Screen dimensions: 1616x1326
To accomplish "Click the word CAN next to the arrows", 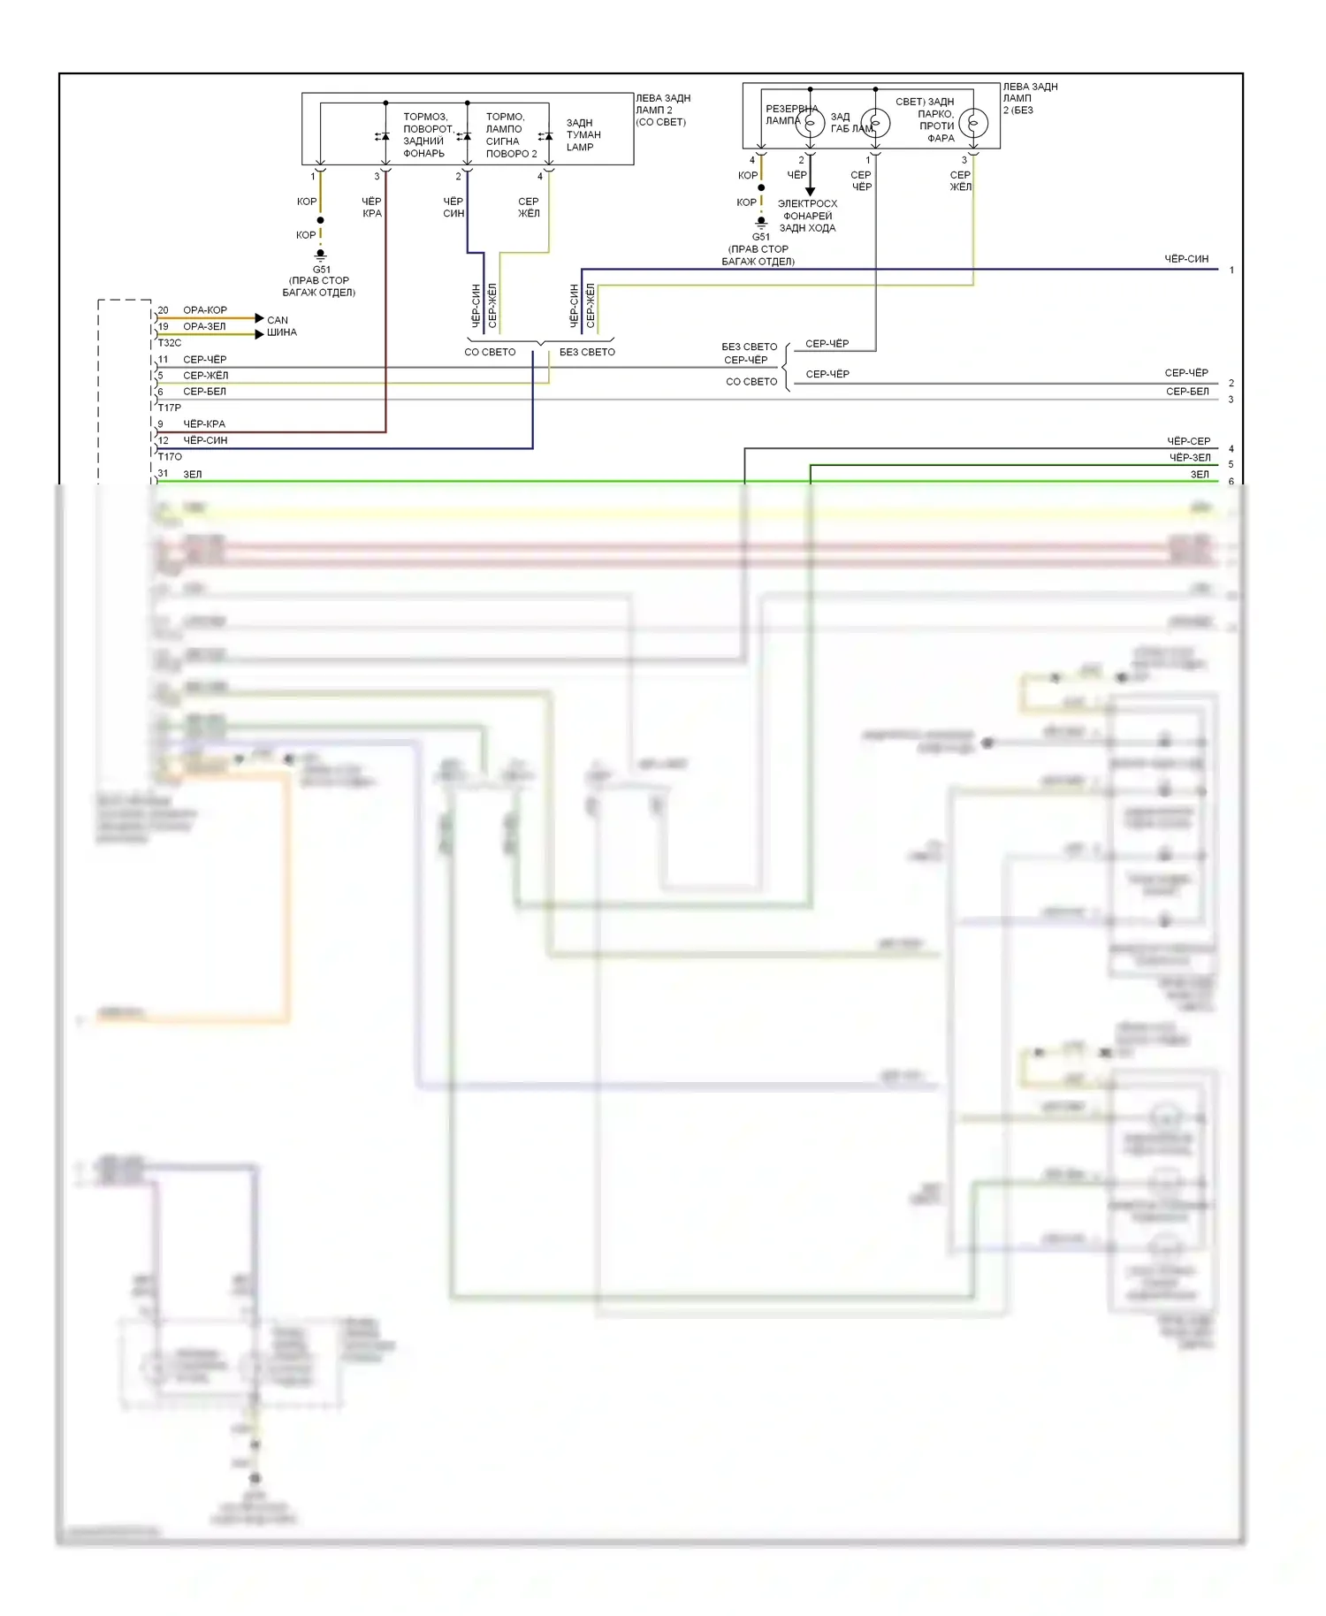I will point(278,320).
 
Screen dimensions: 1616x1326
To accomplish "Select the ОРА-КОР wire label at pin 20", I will point(205,310).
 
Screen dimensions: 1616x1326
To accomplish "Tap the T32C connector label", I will point(170,343).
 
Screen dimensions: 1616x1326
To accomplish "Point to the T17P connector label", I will point(170,408).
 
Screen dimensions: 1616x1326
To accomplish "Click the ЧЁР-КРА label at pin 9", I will point(204,424).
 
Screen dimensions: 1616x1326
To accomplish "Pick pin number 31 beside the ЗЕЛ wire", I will point(164,474).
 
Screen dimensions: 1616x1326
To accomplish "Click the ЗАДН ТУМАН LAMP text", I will point(583,135).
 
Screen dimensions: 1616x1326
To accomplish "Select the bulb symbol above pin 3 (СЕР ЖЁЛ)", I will point(973,123).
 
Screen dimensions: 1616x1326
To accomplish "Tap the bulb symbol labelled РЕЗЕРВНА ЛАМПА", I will point(809,123).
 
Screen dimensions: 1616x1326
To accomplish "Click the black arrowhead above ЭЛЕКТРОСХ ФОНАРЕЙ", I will point(810,191).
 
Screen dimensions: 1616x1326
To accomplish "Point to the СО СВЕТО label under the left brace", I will point(490,352).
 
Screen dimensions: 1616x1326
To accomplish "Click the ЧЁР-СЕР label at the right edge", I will point(1188,441).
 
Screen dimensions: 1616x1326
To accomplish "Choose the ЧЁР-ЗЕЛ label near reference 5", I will point(1189,458).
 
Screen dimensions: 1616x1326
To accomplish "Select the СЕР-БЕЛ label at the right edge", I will point(1187,392).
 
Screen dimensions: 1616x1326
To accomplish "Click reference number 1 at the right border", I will point(1231,271).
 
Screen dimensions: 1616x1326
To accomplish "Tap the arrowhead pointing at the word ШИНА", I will point(259,334).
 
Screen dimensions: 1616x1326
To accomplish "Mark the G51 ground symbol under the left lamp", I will point(320,255).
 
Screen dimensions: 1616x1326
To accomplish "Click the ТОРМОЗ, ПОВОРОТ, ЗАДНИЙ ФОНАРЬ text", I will point(426,135).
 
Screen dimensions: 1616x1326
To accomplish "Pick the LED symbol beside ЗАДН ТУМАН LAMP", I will point(546,136).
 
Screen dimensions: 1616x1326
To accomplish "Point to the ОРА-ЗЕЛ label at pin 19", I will point(204,327).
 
